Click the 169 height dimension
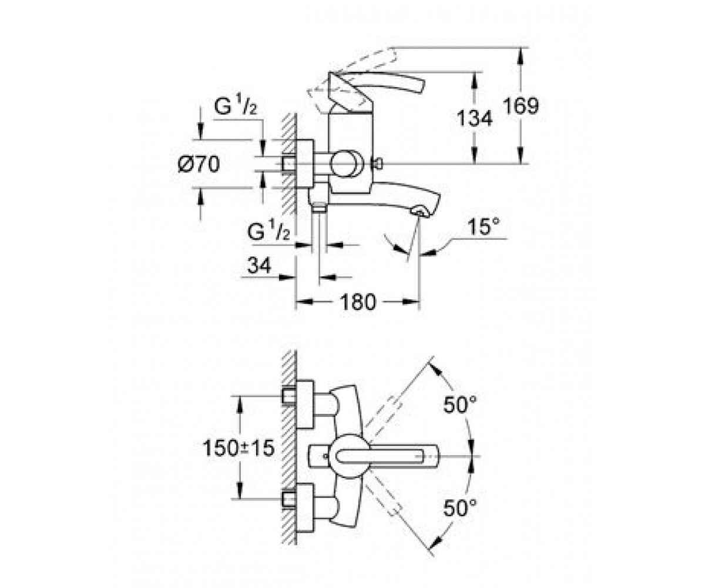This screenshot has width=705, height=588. pos(521,106)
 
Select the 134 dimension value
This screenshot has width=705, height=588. pos(474,118)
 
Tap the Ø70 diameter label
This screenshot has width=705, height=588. pos(199,164)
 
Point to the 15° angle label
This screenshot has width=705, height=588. pos(483,226)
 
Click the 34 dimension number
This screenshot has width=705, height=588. pos(259,265)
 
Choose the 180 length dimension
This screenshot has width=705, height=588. pos(358,302)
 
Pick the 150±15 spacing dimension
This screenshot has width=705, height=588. pos(238,449)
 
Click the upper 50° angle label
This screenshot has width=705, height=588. pos(460,405)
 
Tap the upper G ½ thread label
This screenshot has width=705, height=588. pos(236,106)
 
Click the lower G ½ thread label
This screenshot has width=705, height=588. pos(268,232)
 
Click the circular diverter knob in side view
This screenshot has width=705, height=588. pos(346,164)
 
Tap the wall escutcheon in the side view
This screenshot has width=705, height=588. pos(305,164)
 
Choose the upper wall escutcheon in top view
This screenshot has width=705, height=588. pos(305,405)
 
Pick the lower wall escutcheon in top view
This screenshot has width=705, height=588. pos(305,508)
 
